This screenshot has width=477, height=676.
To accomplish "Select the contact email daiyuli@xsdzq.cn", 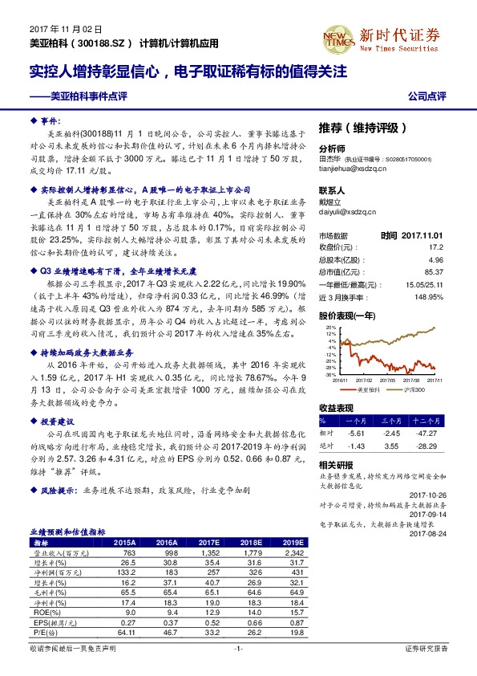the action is click(347, 212).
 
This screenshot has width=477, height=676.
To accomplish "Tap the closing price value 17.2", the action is click(436, 248).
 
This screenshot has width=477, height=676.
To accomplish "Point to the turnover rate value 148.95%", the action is click(430, 296).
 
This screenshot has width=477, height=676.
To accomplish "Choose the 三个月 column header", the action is click(390, 420).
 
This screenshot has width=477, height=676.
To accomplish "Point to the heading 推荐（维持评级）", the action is click(363, 128).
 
